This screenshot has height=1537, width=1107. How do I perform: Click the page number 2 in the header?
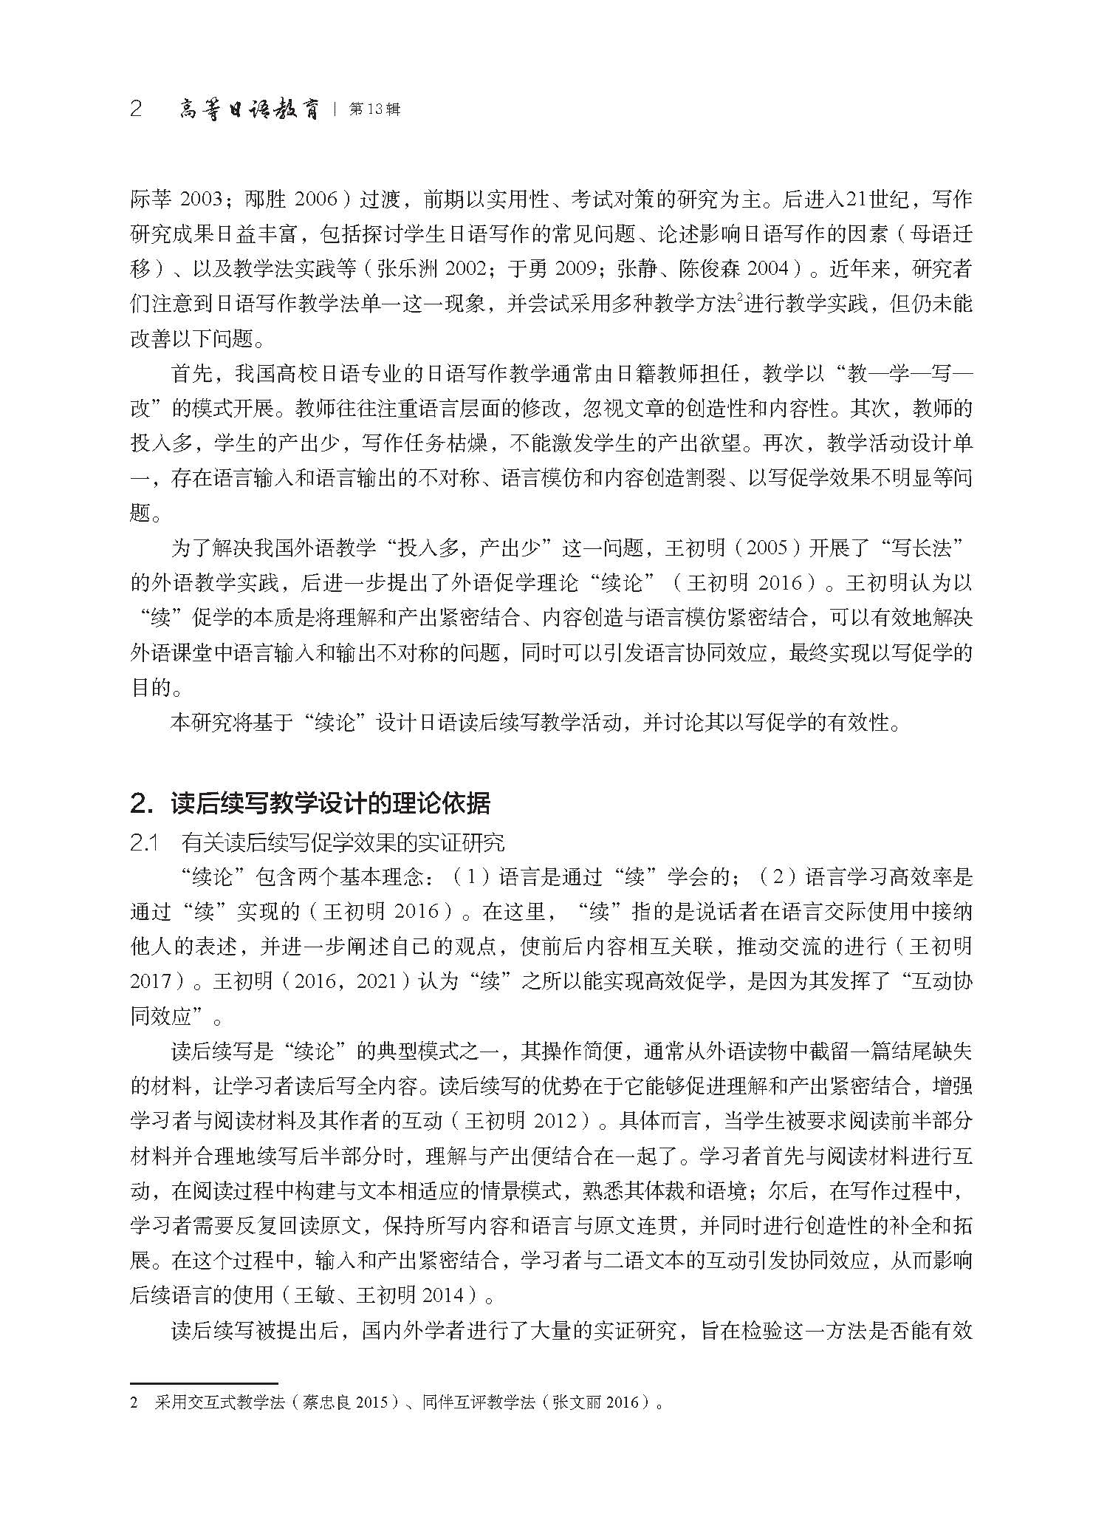pos(135,109)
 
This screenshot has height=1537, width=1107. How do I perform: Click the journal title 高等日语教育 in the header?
pos(251,110)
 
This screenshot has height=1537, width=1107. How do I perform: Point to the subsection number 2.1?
pos(145,842)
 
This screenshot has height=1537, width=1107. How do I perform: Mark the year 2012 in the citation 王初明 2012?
pos(547,1120)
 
